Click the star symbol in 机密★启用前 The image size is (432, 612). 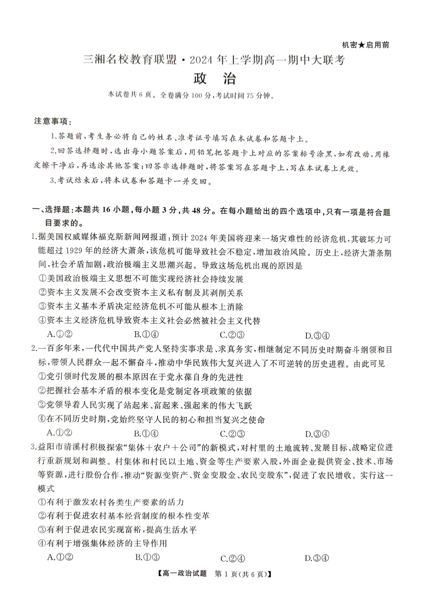(x=362, y=45)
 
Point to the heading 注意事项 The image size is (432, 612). (x=52, y=121)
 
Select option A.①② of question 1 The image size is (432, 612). (x=60, y=335)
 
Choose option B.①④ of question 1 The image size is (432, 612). (x=146, y=335)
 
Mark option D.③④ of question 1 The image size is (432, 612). (x=317, y=336)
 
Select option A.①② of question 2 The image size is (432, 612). (x=60, y=433)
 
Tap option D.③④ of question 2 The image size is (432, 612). (x=317, y=434)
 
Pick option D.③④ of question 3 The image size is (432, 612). (x=316, y=558)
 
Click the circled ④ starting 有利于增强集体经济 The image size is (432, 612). (x=42, y=543)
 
